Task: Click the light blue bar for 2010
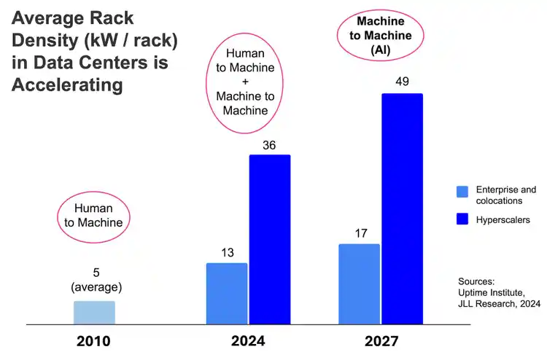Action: pyautogui.click(x=94, y=313)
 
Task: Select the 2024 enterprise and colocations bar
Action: pyautogui.click(x=227, y=293)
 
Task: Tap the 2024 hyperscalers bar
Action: pyautogui.click(x=270, y=239)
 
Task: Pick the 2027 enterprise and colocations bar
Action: pyautogui.click(x=360, y=283)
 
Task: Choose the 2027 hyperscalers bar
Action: pyautogui.click(x=402, y=208)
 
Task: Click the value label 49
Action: pyautogui.click(x=402, y=82)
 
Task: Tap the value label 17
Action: pyautogui.click(x=360, y=234)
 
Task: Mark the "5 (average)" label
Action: pyautogui.click(x=95, y=280)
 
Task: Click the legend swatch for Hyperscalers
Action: pyautogui.click(x=462, y=219)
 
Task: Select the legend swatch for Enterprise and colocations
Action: pyautogui.click(x=462, y=192)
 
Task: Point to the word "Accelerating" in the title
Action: pyautogui.click(x=66, y=85)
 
